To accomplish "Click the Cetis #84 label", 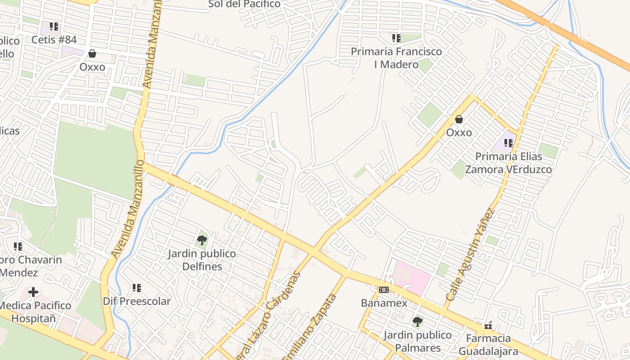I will pyautogui.click(x=54, y=40).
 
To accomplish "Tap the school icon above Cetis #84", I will pyautogui.click(x=54, y=27).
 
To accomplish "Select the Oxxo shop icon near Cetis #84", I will pyautogui.click(x=92, y=54).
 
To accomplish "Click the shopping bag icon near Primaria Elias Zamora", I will pyautogui.click(x=459, y=120).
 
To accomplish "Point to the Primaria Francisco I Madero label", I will pyautogui.click(x=396, y=58).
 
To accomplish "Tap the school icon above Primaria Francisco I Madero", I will pyautogui.click(x=396, y=38).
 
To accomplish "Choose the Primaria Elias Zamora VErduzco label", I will pyautogui.click(x=508, y=163).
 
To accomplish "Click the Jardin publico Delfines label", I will pyautogui.click(x=202, y=260).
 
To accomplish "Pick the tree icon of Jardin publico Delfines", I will pyautogui.click(x=202, y=240).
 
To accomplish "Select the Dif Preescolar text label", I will pyautogui.click(x=137, y=301).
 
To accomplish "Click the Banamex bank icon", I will pyautogui.click(x=384, y=290).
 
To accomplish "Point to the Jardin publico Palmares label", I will pyautogui.click(x=418, y=342).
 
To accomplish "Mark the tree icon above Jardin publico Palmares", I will pyautogui.click(x=418, y=322).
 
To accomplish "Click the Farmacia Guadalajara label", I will pyautogui.click(x=489, y=345).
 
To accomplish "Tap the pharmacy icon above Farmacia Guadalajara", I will pyautogui.click(x=488, y=325).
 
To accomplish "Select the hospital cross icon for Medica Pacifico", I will pyautogui.click(x=33, y=292).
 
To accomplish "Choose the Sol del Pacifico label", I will pyautogui.click(x=244, y=4).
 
